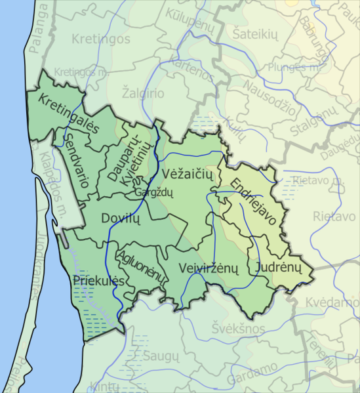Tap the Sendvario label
[77, 159]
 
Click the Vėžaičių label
[186, 176]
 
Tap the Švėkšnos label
[238, 328]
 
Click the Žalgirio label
[143, 93]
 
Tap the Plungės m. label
[288, 66]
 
